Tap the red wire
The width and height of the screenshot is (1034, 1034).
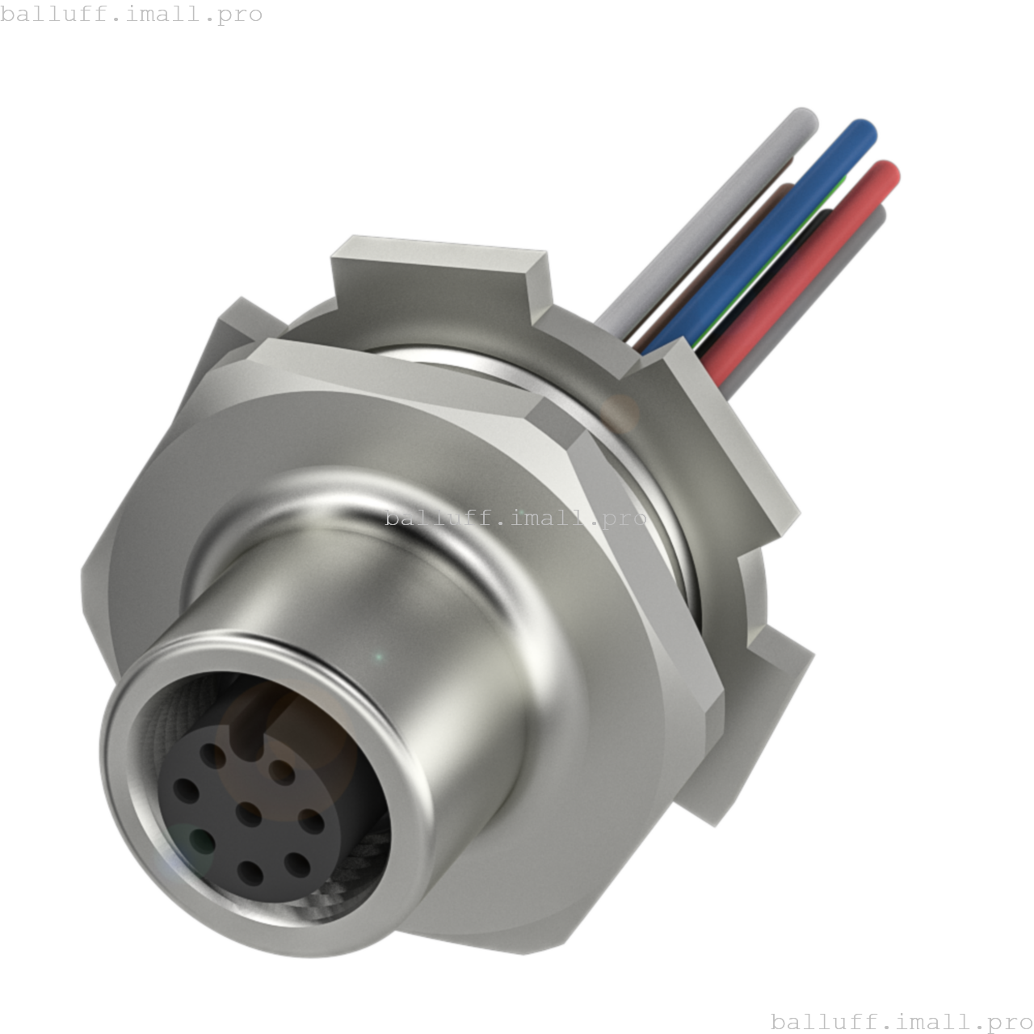(x=808, y=267)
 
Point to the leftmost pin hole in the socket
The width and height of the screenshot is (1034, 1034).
(x=186, y=789)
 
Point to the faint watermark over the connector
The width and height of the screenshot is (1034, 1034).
(x=515, y=518)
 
